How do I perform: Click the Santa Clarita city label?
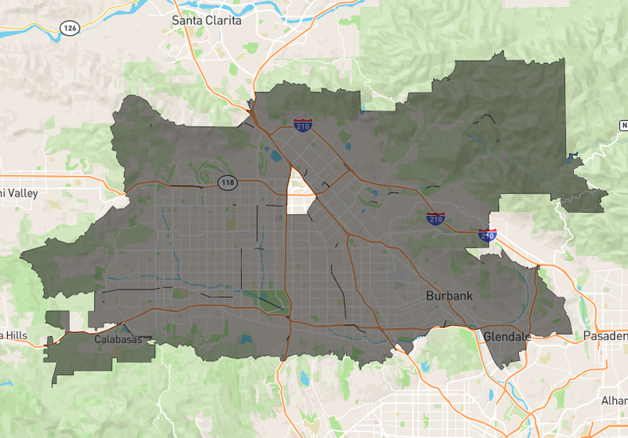click(206, 20)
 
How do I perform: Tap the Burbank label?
click(449, 295)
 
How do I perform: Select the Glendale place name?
click(507, 336)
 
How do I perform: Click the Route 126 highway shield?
click(69, 27)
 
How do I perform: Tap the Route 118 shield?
click(228, 183)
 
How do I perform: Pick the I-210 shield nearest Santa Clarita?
click(302, 124)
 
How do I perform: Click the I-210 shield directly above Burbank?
click(435, 218)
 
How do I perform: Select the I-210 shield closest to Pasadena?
click(487, 234)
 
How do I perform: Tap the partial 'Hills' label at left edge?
click(14, 335)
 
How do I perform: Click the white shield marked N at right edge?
click(623, 126)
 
